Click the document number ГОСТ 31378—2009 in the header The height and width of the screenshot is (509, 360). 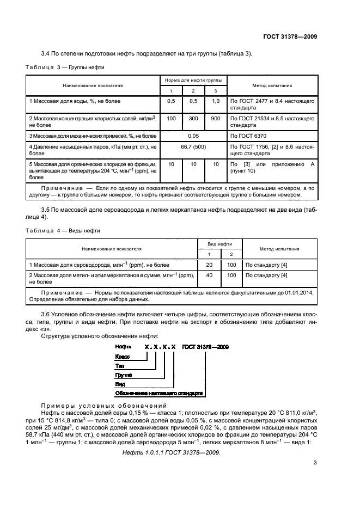pyautogui.click(x=290, y=37)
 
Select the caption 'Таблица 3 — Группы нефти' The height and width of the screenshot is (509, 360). pyautogui.click(x=65, y=67)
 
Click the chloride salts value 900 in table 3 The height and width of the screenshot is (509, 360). pyautogui.click(x=216, y=118)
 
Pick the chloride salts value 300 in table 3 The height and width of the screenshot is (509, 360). pyautogui.click(x=193, y=118)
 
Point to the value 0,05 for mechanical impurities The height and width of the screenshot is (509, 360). pyautogui.click(x=193, y=134)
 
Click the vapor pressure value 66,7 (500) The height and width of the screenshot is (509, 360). pyautogui.click(x=193, y=146)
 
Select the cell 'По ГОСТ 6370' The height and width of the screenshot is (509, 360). pyautogui.click(x=249, y=134)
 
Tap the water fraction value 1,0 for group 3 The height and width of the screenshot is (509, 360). pyautogui.click(x=216, y=101)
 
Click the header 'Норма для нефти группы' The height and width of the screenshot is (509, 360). pyautogui.click(x=193, y=81)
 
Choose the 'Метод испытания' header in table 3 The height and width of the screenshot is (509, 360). pyautogui.click(x=272, y=85)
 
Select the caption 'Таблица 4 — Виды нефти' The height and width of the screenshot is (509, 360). pyautogui.click(x=63, y=230)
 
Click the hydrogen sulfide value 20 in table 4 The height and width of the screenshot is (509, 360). pyautogui.click(x=209, y=264)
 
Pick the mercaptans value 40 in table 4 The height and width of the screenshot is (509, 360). pyautogui.click(x=209, y=275)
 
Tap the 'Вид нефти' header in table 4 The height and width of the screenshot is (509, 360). pyautogui.click(x=220, y=244)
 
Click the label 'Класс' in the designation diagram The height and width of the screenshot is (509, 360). pyautogui.click(x=123, y=356)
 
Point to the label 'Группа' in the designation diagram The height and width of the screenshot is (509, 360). pyautogui.click(x=124, y=375)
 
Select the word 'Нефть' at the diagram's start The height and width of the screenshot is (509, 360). pyautogui.click(x=124, y=346)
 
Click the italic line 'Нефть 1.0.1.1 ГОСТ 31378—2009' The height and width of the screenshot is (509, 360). pyautogui.click(x=171, y=452)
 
